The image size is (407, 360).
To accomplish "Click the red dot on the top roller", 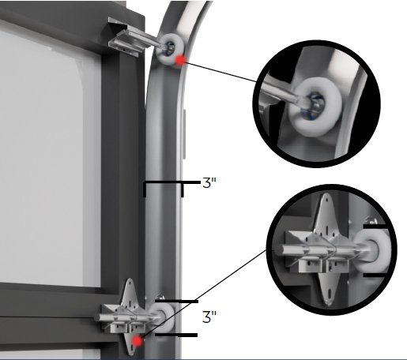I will [182, 59].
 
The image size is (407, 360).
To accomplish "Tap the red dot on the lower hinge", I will [139, 341].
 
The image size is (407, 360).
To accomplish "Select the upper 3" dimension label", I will [209, 183].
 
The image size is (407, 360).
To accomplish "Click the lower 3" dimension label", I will [210, 317].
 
